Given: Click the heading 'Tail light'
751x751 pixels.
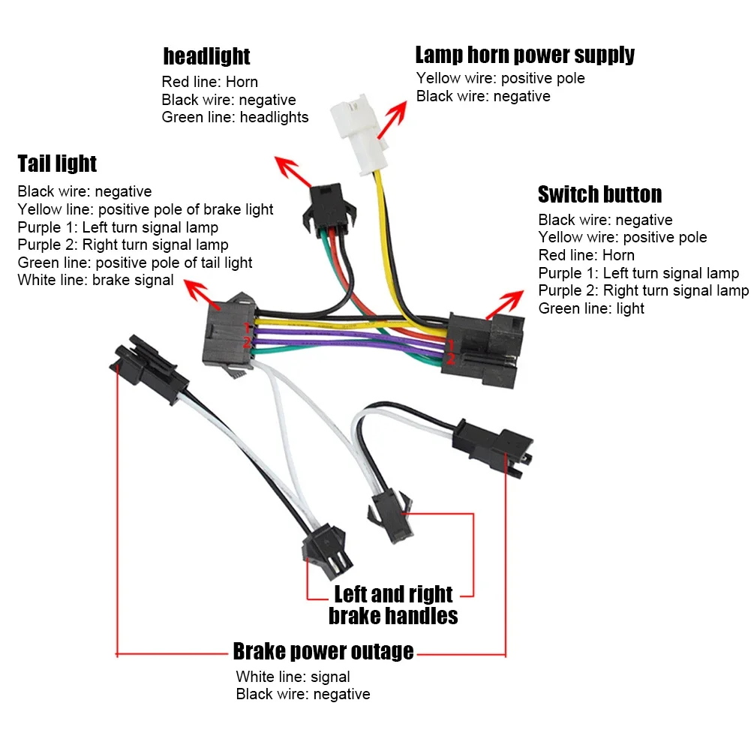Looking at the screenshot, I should (x=57, y=164).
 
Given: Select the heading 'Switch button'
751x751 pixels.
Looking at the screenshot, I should (x=599, y=194).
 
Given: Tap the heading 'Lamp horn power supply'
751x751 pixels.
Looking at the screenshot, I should (x=524, y=55).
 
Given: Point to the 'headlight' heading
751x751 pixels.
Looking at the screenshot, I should (x=206, y=56).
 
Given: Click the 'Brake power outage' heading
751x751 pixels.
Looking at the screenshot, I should (x=323, y=651).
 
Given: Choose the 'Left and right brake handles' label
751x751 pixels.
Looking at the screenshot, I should (x=393, y=605).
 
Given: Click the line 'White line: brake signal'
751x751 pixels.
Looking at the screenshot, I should (x=95, y=281).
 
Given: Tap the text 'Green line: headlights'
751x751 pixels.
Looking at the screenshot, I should (x=235, y=117).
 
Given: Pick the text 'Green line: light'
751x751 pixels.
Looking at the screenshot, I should (x=591, y=308).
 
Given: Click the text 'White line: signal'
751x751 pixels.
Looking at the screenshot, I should (x=293, y=677).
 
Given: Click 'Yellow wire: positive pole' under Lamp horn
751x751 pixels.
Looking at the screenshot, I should (x=500, y=78).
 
